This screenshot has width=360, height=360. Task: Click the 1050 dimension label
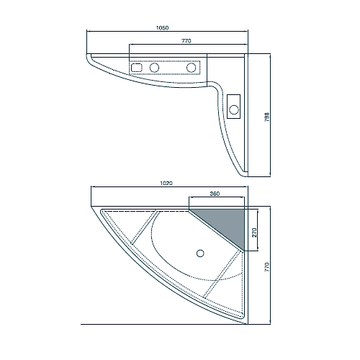tap(163, 28)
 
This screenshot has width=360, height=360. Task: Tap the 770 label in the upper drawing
tap(186, 41)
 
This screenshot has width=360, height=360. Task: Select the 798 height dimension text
tap(267, 117)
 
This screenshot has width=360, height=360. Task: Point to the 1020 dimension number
tap(166, 183)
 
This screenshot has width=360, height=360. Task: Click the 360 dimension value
tap(215, 194)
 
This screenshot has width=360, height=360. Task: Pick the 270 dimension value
tap(254, 233)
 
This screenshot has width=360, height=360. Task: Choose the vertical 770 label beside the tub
tap(267, 267)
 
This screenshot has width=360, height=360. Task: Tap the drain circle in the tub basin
tap(200, 253)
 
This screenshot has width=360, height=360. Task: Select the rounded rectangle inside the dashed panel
tap(136, 68)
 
